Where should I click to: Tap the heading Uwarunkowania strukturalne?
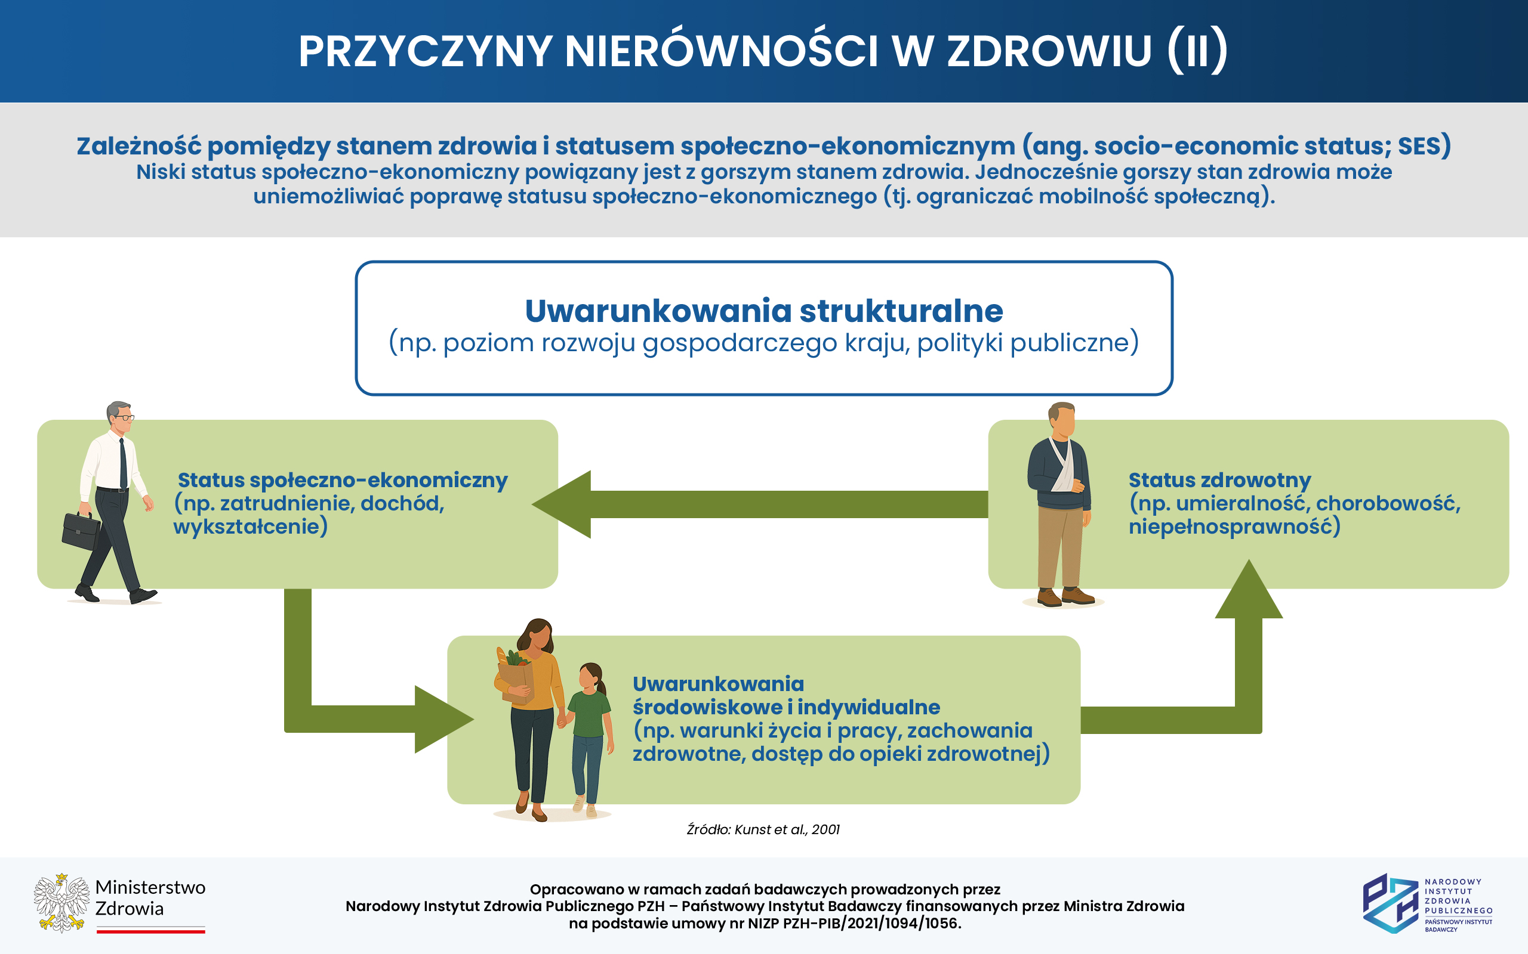(763, 311)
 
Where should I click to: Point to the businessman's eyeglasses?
(125, 417)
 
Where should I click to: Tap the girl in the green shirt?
(589, 735)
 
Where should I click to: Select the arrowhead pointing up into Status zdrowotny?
(1248, 590)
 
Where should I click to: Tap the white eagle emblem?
(61, 903)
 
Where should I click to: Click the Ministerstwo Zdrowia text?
(150, 898)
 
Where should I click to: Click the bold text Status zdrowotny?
(1219, 480)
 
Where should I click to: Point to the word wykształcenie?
(250, 526)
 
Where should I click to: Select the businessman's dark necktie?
(123, 464)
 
